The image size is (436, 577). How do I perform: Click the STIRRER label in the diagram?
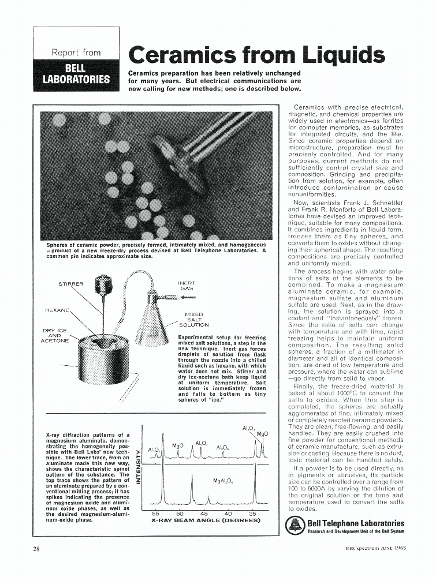[x=71, y=284]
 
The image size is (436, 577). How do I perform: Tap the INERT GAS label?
[x=188, y=286]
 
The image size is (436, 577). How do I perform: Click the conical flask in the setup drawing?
[x=152, y=320]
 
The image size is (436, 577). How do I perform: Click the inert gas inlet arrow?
[x=188, y=298]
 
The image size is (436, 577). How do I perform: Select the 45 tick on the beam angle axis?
[x=204, y=513]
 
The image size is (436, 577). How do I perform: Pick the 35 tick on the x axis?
[x=252, y=513]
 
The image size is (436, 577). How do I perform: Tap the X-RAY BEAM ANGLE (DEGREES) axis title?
[x=206, y=520]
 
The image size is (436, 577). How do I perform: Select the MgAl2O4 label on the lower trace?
[x=223, y=480]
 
